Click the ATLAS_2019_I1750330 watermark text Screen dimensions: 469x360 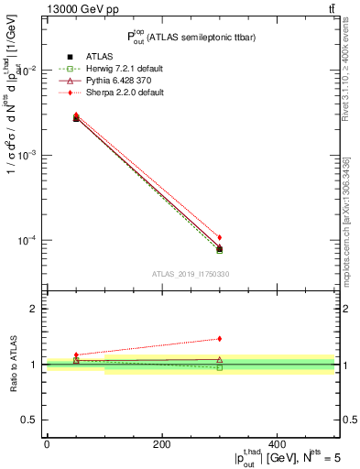coord(191,274)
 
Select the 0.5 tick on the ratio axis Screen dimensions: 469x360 coord(31,420)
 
